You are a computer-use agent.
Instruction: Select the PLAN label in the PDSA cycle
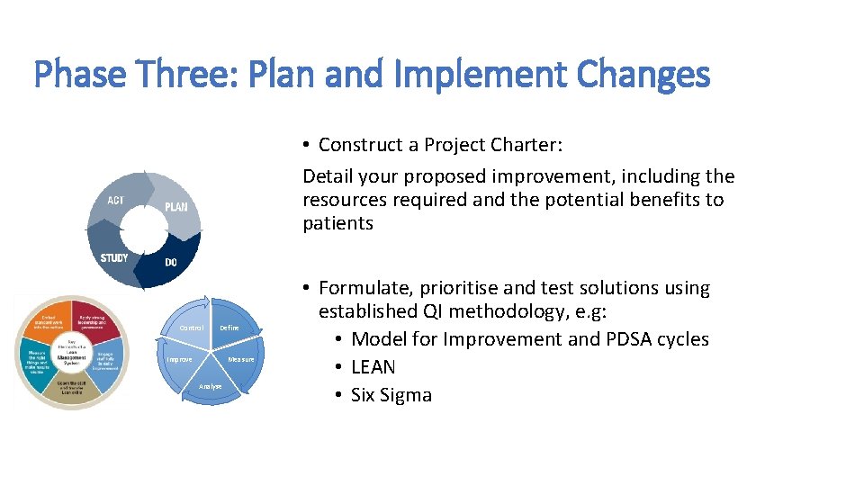(175, 207)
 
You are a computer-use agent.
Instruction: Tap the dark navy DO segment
(171, 263)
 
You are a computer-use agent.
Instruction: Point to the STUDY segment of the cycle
(114, 258)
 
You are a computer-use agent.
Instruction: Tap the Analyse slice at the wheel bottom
(210, 386)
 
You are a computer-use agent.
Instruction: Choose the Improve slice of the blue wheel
(179, 360)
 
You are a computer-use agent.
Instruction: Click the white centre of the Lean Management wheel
(71, 354)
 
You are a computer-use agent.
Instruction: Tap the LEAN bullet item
(373, 367)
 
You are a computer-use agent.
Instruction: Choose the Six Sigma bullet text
(391, 395)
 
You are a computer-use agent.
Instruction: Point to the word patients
(337, 223)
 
